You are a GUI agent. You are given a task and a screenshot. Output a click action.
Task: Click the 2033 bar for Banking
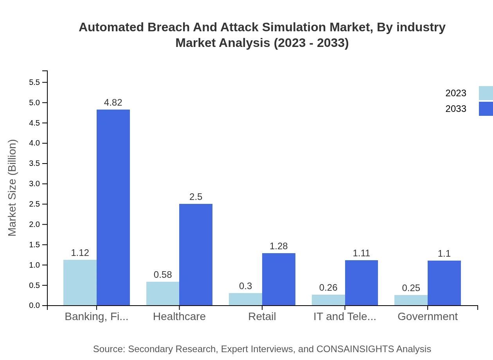113,207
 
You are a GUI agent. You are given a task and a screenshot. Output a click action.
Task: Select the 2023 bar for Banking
80,283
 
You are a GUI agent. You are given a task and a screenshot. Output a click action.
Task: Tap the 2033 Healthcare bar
196,254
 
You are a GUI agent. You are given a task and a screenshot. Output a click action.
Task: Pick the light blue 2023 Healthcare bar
163,293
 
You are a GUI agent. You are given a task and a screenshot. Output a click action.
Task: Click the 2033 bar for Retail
279,279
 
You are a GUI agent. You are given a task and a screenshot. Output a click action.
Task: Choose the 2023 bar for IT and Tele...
328,300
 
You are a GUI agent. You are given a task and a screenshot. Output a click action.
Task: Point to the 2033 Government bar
444,283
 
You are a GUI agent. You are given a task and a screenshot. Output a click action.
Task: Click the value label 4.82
113,103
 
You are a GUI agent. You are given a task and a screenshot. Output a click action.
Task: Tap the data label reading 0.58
163,275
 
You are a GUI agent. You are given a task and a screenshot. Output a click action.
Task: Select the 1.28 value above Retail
279,246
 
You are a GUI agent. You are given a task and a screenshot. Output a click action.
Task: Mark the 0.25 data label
411,288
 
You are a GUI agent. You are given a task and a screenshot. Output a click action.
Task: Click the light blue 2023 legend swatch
486,93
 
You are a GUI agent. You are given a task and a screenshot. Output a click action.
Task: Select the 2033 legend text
456,109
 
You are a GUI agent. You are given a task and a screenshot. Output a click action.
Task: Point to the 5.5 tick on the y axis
34,83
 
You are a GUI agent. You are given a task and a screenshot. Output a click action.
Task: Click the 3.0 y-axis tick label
34,184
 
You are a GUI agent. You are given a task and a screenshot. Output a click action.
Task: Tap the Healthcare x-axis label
179,316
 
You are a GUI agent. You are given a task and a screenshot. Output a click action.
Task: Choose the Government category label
427,316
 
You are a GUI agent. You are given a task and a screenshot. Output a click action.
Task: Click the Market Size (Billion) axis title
13,188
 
